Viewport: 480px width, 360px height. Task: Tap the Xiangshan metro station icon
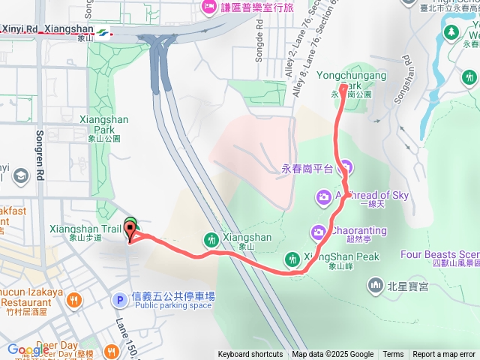pos(100,31)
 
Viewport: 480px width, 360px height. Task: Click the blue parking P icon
pos(118,300)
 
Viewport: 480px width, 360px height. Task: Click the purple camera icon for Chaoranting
pos(319,230)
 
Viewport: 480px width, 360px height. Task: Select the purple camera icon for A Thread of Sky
pos(324,197)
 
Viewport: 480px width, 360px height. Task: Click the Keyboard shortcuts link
pos(250,355)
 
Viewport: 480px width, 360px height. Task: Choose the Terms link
pos(393,355)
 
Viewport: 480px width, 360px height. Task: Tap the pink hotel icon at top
pos(208,8)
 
